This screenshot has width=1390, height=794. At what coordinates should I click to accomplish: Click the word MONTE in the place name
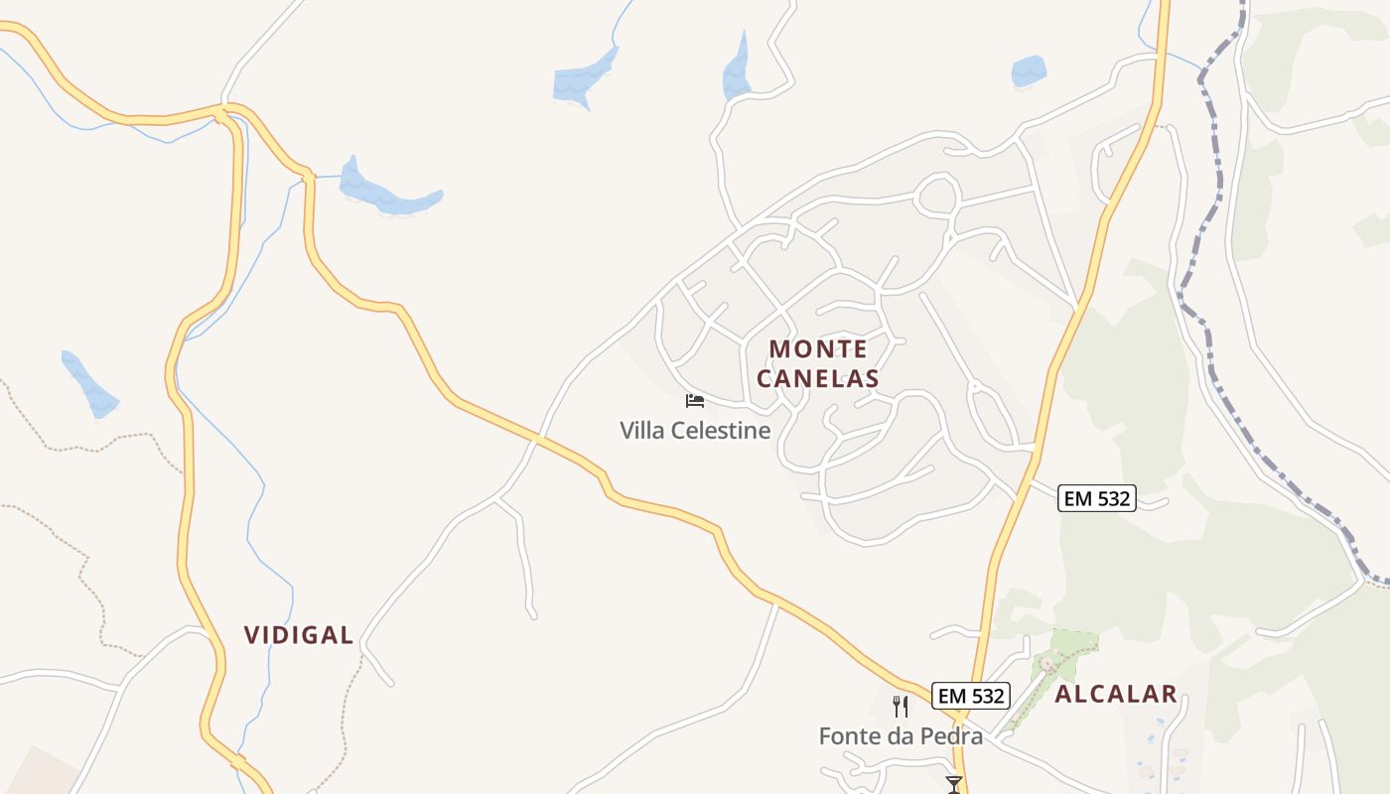(x=818, y=349)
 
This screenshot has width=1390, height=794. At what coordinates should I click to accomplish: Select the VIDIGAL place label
(x=299, y=635)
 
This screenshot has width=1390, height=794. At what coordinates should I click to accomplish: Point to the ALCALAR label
(x=1116, y=695)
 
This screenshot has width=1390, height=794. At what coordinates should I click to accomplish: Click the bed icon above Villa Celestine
(x=695, y=401)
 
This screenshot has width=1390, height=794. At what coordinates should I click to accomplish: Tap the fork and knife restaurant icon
(x=901, y=707)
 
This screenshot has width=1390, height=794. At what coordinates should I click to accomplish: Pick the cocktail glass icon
(x=954, y=785)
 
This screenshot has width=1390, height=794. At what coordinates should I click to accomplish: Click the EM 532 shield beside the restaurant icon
(x=971, y=697)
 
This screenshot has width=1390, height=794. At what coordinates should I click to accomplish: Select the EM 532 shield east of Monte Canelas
(x=1096, y=498)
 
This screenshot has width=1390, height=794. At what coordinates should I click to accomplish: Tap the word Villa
(x=642, y=431)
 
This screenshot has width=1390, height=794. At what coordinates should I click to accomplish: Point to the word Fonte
(x=848, y=736)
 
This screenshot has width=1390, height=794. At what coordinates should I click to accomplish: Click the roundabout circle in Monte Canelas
(x=937, y=195)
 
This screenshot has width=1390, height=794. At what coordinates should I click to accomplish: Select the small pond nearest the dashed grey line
(x=1028, y=71)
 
